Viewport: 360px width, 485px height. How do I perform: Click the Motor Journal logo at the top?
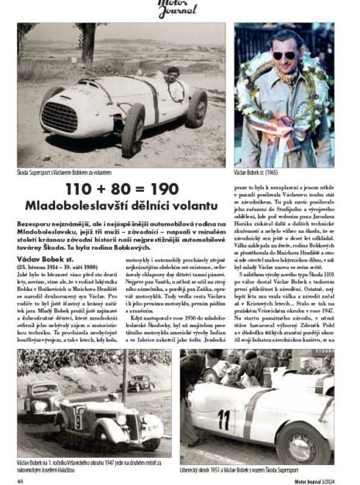click(x=180, y=9)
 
